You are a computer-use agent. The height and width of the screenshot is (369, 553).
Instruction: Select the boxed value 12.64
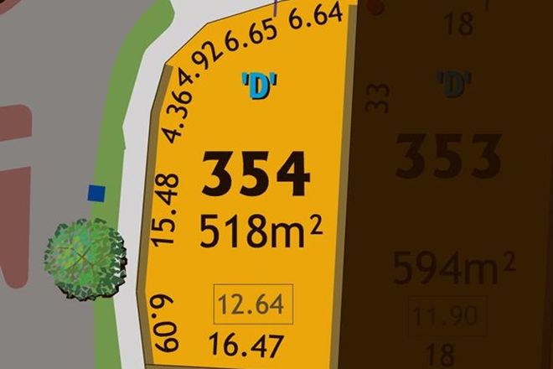254,304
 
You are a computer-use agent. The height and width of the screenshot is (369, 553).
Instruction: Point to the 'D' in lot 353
453,84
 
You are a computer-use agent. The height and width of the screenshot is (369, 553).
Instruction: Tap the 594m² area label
453,268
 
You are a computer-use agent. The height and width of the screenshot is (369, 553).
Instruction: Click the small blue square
97,194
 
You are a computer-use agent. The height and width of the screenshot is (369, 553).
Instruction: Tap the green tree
85,257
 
